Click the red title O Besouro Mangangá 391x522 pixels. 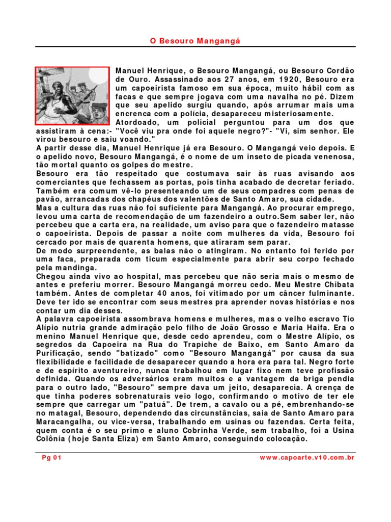point(195,40)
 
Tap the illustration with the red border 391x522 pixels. point(72,96)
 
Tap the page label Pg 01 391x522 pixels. point(51,458)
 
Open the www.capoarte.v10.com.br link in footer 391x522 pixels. point(307,458)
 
